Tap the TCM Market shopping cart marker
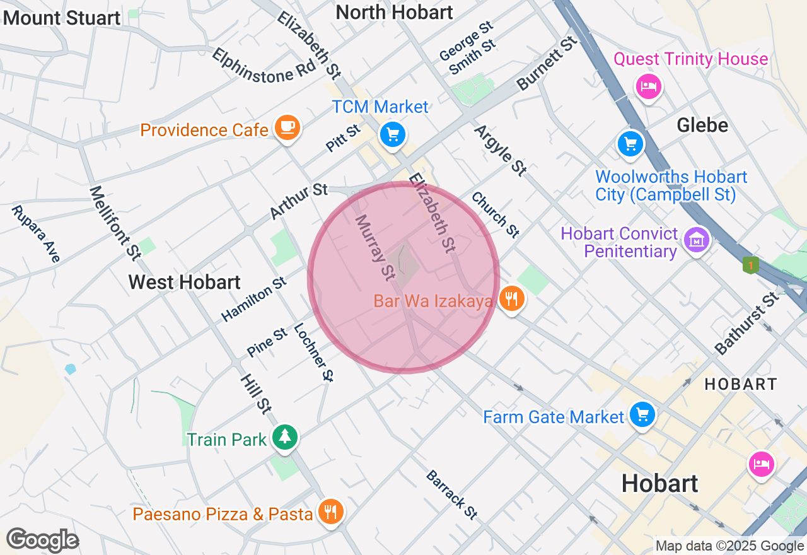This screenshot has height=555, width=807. coord(393,134)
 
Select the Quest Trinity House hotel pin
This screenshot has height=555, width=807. coord(648,86)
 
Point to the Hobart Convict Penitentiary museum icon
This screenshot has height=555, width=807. coord(697,240)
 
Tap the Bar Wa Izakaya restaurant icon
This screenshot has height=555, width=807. coord(511,299)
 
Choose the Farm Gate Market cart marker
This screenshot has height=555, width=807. coord(642,415)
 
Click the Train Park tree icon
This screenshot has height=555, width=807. coord(285,436)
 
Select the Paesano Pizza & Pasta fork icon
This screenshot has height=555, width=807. coord(330,511)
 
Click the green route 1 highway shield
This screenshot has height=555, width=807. coord(750,266)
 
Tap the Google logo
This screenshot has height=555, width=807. coord(42,540)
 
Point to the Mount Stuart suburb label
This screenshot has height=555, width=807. coord(62,18)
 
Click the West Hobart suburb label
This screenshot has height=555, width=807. coord(184,282)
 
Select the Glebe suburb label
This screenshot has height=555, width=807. coord(702,125)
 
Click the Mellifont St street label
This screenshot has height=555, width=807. coord(115,221)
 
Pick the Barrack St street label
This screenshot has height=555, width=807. coord(451,494)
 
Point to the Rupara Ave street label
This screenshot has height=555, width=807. coord(37,233)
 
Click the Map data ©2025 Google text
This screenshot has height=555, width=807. coord(729,546)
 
